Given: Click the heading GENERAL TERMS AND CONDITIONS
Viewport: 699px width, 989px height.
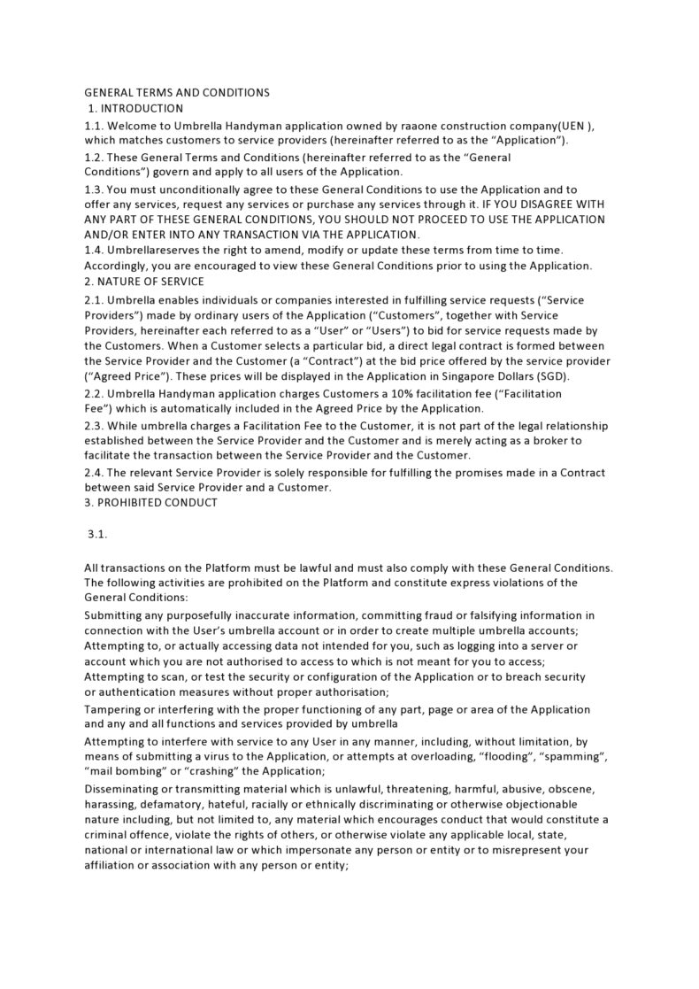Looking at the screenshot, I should pyautogui.click(x=177, y=92).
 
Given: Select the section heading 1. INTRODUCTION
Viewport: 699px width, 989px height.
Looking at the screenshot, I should pyautogui.click(x=135, y=108).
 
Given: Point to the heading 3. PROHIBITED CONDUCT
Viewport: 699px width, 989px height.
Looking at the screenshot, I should pyautogui.click(x=150, y=502).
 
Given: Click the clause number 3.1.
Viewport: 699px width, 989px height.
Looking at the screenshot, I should pyautogui.click(x=97, y=535).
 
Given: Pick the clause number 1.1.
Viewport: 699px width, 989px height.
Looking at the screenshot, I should pyautogui.click(x=94, y=126).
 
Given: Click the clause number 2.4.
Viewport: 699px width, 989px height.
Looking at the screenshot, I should pyautogui.click(x=94, y=472).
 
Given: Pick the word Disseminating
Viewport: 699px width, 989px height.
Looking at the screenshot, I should pyautogui.click(x=126, y=788).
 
